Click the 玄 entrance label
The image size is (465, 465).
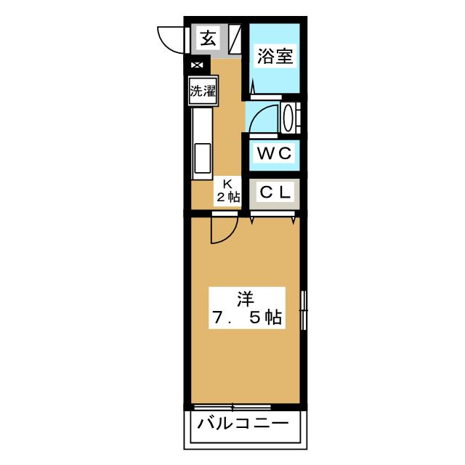[208, 39]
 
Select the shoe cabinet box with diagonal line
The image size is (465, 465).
[234, 39]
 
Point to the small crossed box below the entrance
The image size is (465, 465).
[196, 65]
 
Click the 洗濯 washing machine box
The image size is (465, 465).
[203, 91]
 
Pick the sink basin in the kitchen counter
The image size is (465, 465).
[202, 159]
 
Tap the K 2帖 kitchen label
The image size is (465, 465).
[226, 190]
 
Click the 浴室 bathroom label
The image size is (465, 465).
[275, 57]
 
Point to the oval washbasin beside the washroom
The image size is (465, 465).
[288, 118]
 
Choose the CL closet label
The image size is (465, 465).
[275, 193]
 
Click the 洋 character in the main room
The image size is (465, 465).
[246, 296]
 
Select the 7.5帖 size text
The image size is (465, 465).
[246, 318]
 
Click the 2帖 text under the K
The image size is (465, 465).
[227, 196]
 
